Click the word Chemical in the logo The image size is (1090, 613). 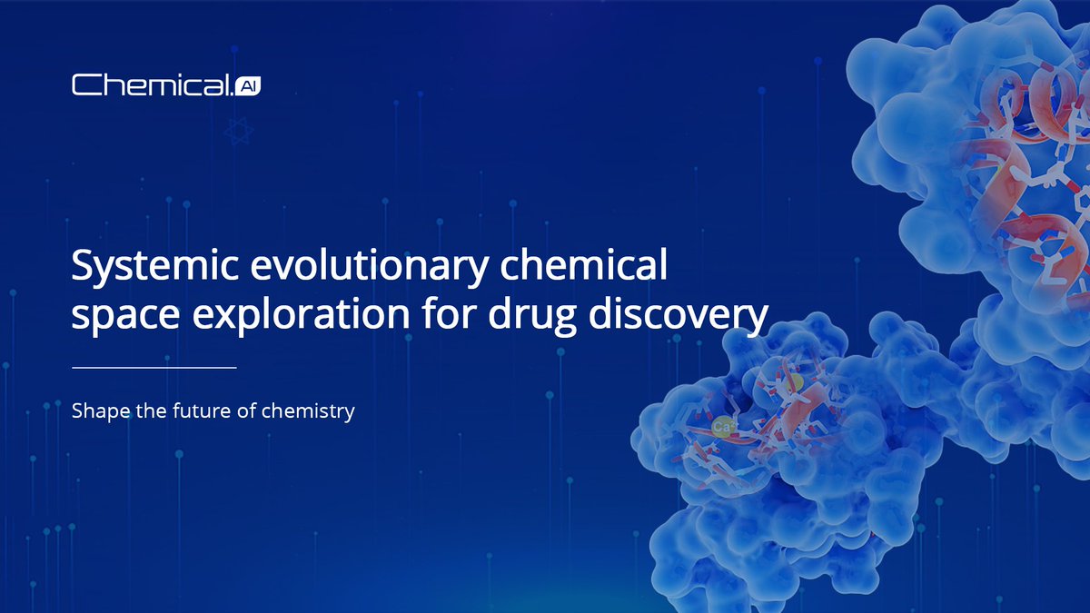click(151, 86)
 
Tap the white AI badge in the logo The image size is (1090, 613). click(247, 86)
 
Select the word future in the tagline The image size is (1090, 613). click(203, 411)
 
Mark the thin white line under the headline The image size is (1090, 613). click(154, 368)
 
